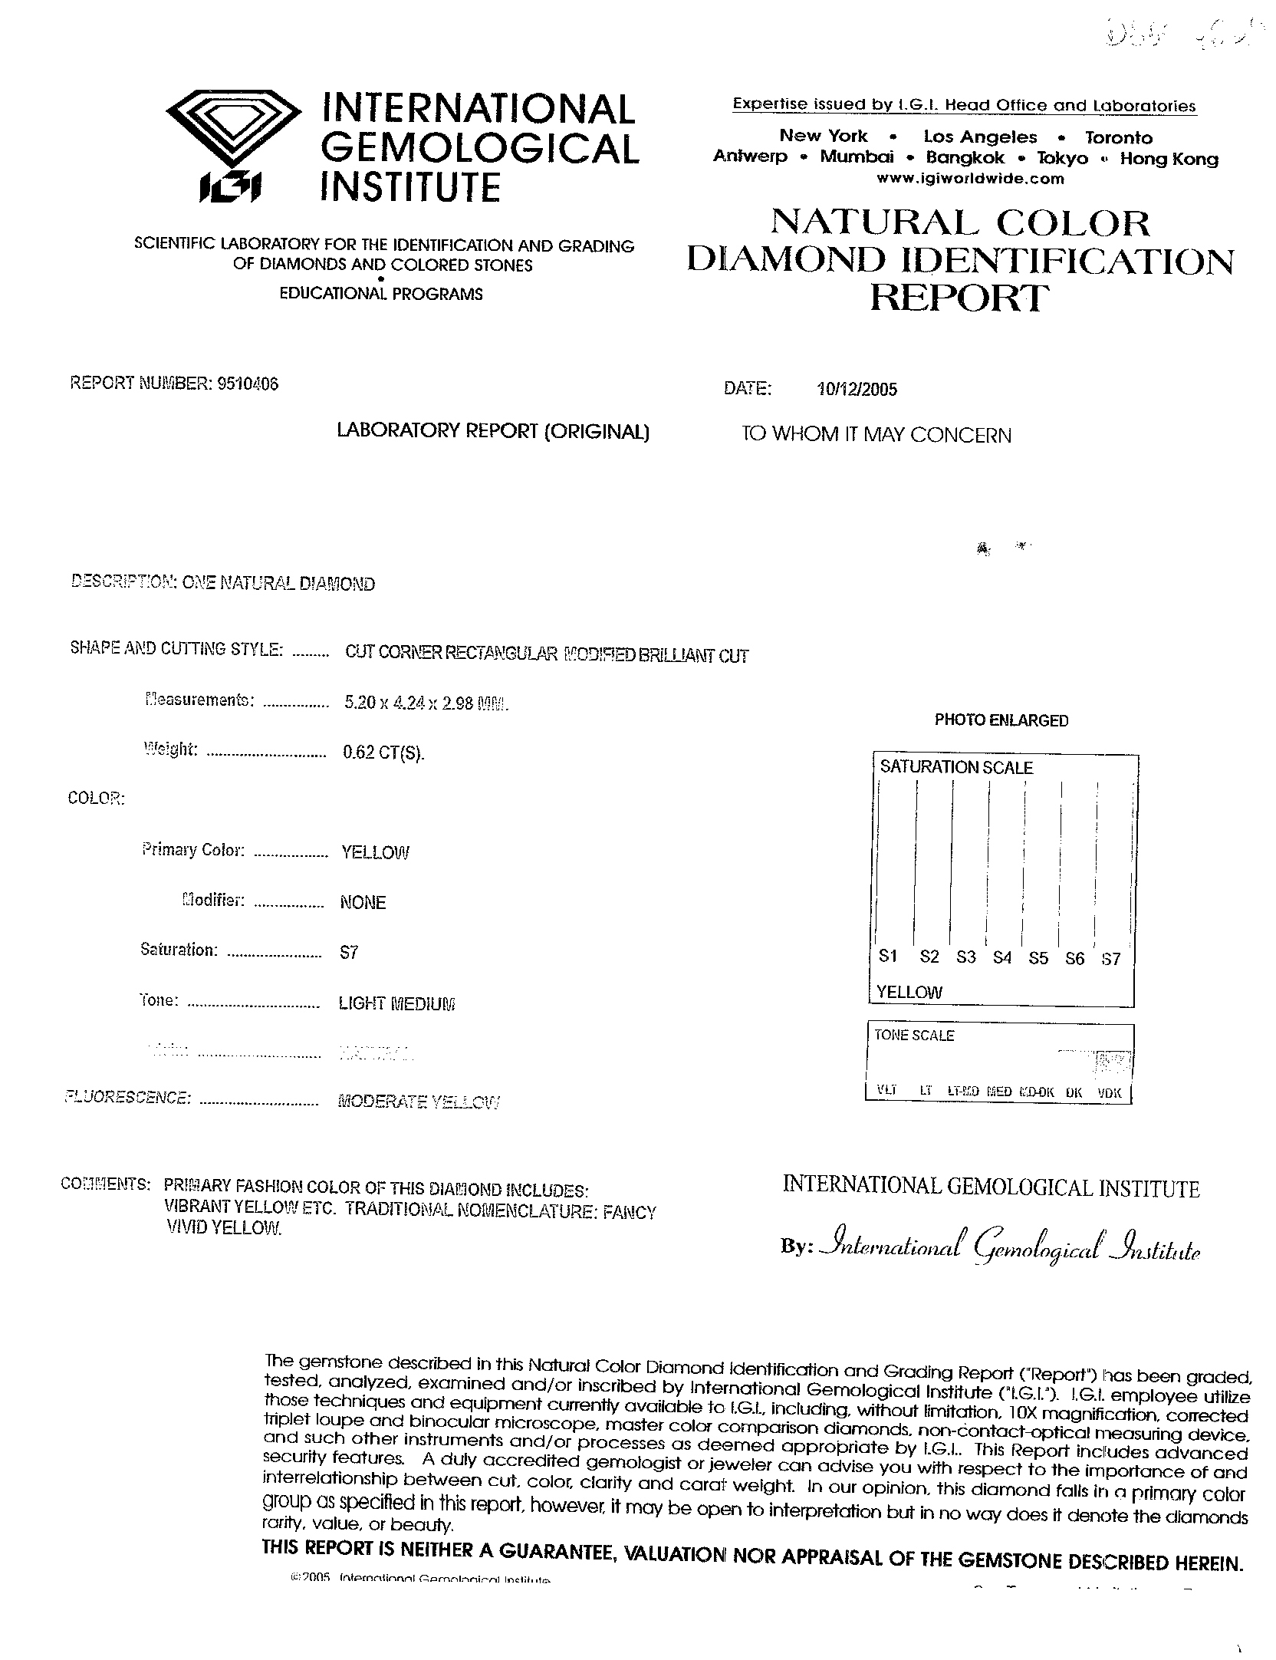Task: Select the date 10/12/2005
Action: (x=857, y=390)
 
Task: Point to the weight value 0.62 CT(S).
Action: (x=383, y=753)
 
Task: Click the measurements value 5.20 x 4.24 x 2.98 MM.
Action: (x=426, y=703)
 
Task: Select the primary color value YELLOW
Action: (x=375, y=852)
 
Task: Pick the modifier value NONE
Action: (x=363, y=903)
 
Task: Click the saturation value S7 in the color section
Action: (x=349, y=953)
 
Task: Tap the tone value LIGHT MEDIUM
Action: (x=396, y=1003)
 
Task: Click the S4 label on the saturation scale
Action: (x=1001, y=957)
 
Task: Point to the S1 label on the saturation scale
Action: (x=888, y=956)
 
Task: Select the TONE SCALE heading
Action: (x=914, y=1036)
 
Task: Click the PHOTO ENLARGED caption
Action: (x=1001, y=720)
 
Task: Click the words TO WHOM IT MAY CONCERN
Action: (x=876, y=435)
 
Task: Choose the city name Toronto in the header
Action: (x=1119, y=138)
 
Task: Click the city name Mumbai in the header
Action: (x=857, y=158)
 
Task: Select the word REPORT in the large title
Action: (x=959, y=298)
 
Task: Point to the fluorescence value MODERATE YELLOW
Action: (x=419, y=1102)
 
